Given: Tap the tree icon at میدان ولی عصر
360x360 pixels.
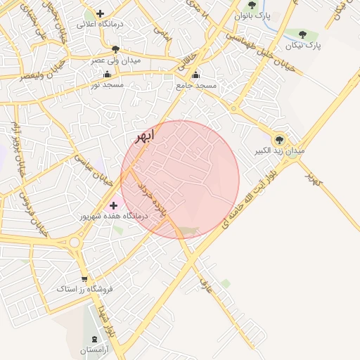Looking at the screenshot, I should point(115,49).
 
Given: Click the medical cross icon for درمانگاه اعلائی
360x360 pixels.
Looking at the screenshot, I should point(101,13).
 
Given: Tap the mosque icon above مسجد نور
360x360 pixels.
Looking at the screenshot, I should point(107,74).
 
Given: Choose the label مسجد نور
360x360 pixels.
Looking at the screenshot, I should point(107,84).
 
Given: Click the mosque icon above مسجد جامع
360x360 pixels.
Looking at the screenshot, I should point(195,75).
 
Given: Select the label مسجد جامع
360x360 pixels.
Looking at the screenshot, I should point(196,85).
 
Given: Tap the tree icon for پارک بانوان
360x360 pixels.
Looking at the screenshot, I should point(252,5).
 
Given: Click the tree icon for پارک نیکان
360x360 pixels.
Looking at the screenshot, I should point(303,34).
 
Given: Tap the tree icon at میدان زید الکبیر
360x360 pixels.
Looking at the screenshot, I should point(280,139).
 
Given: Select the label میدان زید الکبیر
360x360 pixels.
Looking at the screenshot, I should point(280,151).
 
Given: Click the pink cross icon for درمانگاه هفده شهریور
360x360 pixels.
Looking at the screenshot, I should point(114,205).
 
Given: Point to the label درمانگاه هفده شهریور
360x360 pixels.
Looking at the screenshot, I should point(117,216).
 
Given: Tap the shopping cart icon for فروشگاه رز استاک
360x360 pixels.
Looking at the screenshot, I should point(84,278).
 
